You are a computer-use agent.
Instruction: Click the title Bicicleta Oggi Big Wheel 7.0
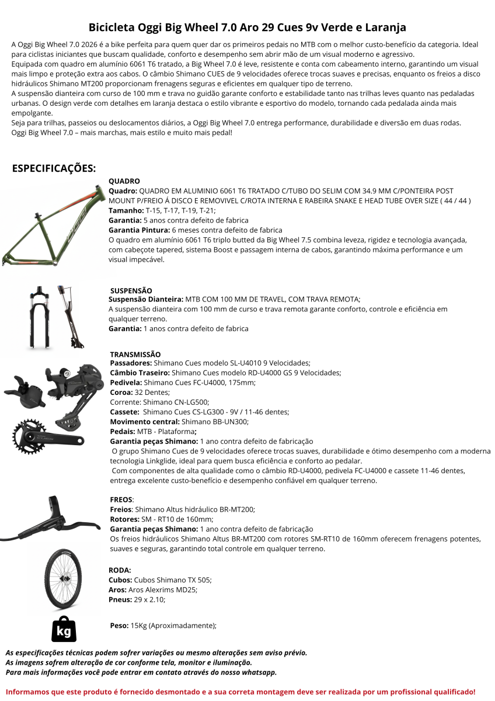point(247,27)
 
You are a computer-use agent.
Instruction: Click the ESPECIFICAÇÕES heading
point(54,168)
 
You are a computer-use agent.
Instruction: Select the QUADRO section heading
point(124,181)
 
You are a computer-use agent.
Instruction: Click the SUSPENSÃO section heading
point(131,290)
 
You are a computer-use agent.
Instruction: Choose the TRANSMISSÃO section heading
point(135,354)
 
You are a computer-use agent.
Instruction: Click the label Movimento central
point(145,421)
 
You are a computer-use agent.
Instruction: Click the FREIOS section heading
point(121,500)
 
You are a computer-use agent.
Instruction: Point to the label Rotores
point(123,519)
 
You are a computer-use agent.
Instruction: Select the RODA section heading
point(120,570)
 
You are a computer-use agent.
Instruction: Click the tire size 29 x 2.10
point(148,599)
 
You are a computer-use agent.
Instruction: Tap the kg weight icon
point(64,628)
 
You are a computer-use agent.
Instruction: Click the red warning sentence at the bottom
point(240,691)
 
